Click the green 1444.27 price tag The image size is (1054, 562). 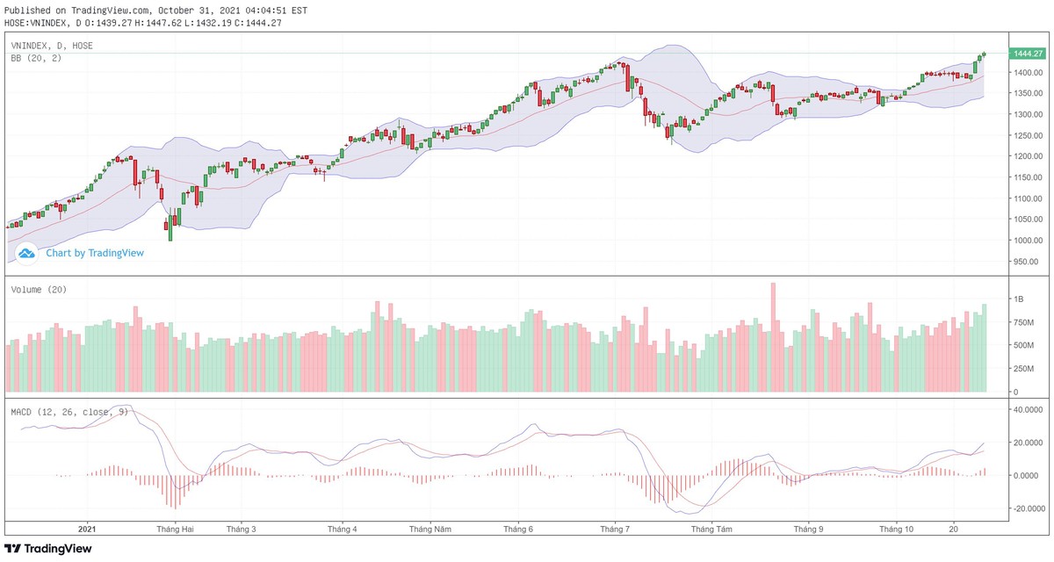pos(1027,54)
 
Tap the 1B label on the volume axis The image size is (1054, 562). pos(1019,299)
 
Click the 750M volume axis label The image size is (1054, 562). pos(1024,322)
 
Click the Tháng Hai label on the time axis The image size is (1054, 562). pos(175,530)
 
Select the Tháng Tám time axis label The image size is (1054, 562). pos(711,530)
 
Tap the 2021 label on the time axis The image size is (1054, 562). pos(87,530)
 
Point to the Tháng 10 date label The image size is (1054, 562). pos(897,530)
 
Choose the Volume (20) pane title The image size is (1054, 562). pos(39,290)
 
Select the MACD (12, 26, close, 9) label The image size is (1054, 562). pos(69,411)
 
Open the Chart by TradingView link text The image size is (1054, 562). pos(95,253)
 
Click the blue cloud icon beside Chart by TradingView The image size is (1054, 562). pos(26,253)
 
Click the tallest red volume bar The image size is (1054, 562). pos(773,337)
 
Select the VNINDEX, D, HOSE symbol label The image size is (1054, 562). pos(52,45)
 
